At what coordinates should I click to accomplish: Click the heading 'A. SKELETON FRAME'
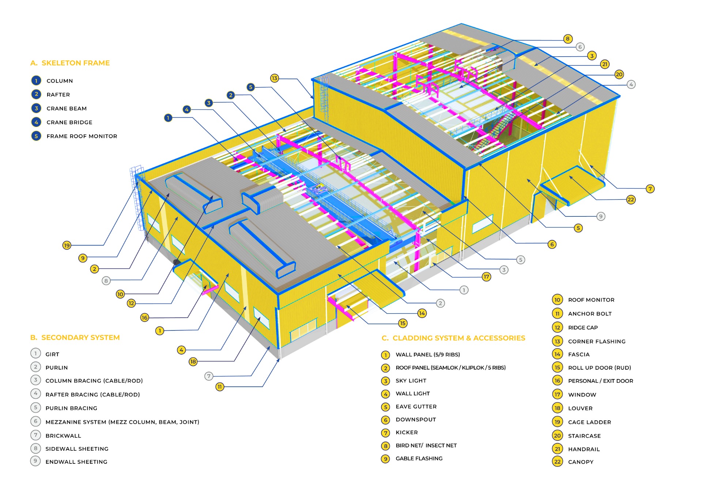[70, 63]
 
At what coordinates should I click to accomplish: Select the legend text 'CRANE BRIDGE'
[69, 122]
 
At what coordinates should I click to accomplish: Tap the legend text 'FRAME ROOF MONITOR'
[82, 136]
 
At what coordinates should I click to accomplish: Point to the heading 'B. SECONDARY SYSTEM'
[75, 337]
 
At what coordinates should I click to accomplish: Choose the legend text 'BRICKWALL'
[63, 436]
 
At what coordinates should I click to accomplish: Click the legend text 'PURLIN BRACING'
[71, 408]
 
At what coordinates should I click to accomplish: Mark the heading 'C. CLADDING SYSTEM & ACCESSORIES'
[453, 338]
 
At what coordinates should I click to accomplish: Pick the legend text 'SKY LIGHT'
[411, 381]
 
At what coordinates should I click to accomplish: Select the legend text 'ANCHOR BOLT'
[590, 314]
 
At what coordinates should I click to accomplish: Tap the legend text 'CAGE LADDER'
[589, 422]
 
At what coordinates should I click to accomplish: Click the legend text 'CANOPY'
[581, 462]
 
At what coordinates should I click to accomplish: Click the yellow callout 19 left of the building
[67, 245]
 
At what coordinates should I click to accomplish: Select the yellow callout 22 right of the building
[631, 200]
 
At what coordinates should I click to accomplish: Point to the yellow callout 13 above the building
[275, 78]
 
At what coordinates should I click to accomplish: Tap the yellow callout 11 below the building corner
[220, 387]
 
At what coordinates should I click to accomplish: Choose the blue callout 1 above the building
[168, 118]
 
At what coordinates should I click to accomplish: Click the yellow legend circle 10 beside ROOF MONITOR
[557, 300]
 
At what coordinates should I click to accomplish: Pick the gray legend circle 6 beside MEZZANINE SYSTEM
[35, 421]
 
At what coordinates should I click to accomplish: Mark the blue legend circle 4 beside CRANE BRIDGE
[36, 122]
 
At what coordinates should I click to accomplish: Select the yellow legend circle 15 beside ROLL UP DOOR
[557, 368]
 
